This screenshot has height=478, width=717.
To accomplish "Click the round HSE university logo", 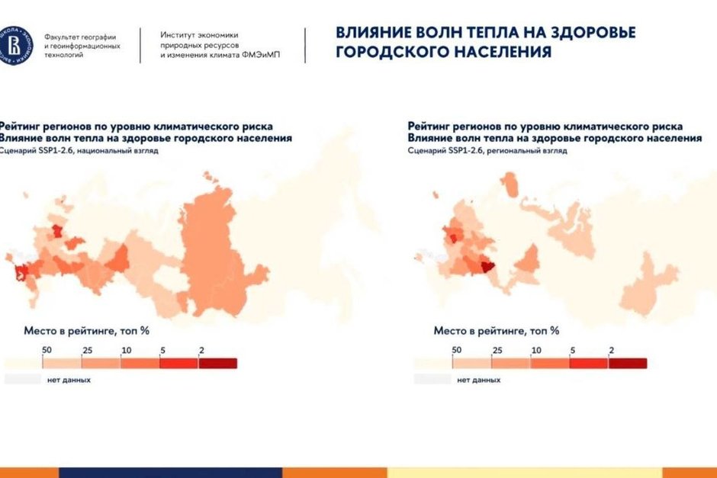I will pos(16,47).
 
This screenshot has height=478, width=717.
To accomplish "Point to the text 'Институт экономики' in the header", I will pos(200,35).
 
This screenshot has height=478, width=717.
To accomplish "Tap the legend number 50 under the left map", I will pos(46,349).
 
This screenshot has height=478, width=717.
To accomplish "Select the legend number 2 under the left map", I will pos(201,349).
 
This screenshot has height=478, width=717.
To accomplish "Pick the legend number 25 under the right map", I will pos(497,350).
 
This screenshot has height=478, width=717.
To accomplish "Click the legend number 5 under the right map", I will pos(573,350).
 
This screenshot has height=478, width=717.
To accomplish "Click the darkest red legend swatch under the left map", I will pos(217,363).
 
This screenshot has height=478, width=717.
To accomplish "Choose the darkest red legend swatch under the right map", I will pos(627,364).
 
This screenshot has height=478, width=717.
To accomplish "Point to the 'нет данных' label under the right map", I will pos(479,379).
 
